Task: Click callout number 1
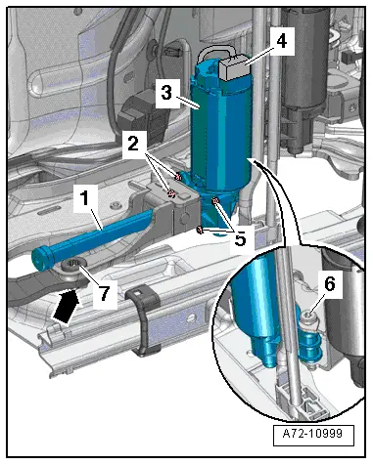(x=85, y=198)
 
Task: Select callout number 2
(x=133, y=144)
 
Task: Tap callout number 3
(x=166, y=93)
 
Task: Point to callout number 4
(x=281, y=41)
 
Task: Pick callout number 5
(x=240, y=239)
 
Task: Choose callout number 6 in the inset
(x=330, y=284)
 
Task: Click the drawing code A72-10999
(x=313, y=434)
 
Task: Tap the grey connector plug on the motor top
(x=234, y=67)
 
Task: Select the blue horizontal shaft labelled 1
(x=91, y=239)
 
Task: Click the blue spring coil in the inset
(x=309, y=348)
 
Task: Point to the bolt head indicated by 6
(x=308, y=316)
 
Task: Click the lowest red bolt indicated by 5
(x=200, y=230)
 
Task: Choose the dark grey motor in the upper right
(x=305, y=78)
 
